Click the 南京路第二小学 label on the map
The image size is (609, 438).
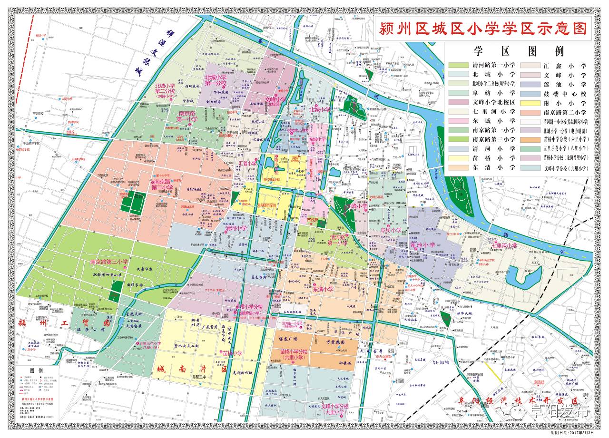tap(162, 185)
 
